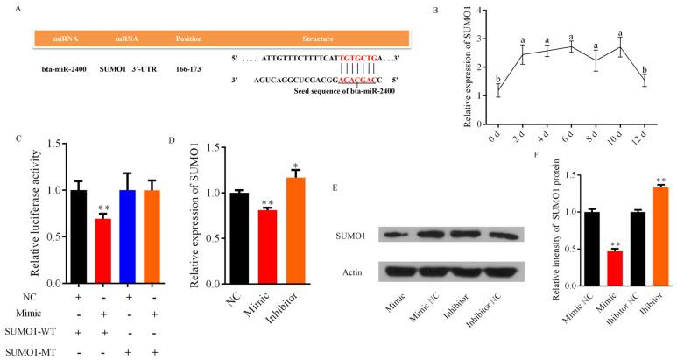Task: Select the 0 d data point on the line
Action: [473, 89]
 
